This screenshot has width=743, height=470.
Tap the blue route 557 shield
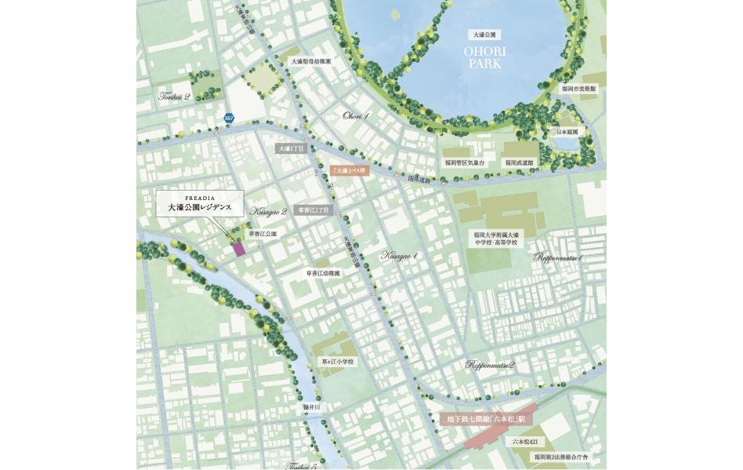(229, 118)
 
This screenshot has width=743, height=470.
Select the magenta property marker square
(240, 249)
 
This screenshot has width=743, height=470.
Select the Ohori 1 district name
(356, 115)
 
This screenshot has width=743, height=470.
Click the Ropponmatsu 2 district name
(489, 365)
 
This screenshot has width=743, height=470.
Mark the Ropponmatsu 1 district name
(558, 257)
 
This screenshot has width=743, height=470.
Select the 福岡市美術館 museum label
(578, 89)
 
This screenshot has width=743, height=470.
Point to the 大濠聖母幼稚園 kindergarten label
(311, 60)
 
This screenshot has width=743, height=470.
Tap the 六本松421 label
(527, 443)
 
